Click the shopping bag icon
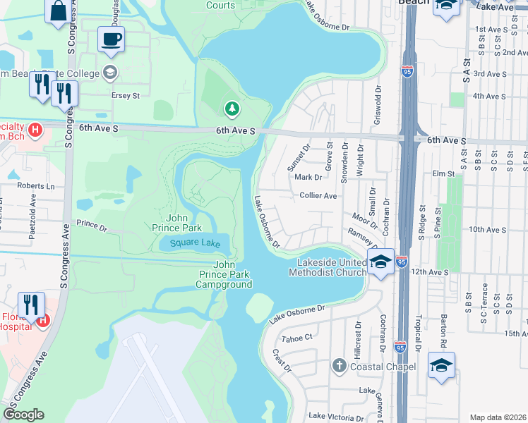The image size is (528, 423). (58, 11)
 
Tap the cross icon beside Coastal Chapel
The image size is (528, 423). (339, 366)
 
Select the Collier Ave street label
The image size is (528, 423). (318, 196)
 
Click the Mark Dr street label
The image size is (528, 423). (308, 178)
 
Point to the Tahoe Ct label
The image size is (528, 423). (296, 338)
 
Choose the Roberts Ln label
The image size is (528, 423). (36, 187)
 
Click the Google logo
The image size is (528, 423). (23, 415)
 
